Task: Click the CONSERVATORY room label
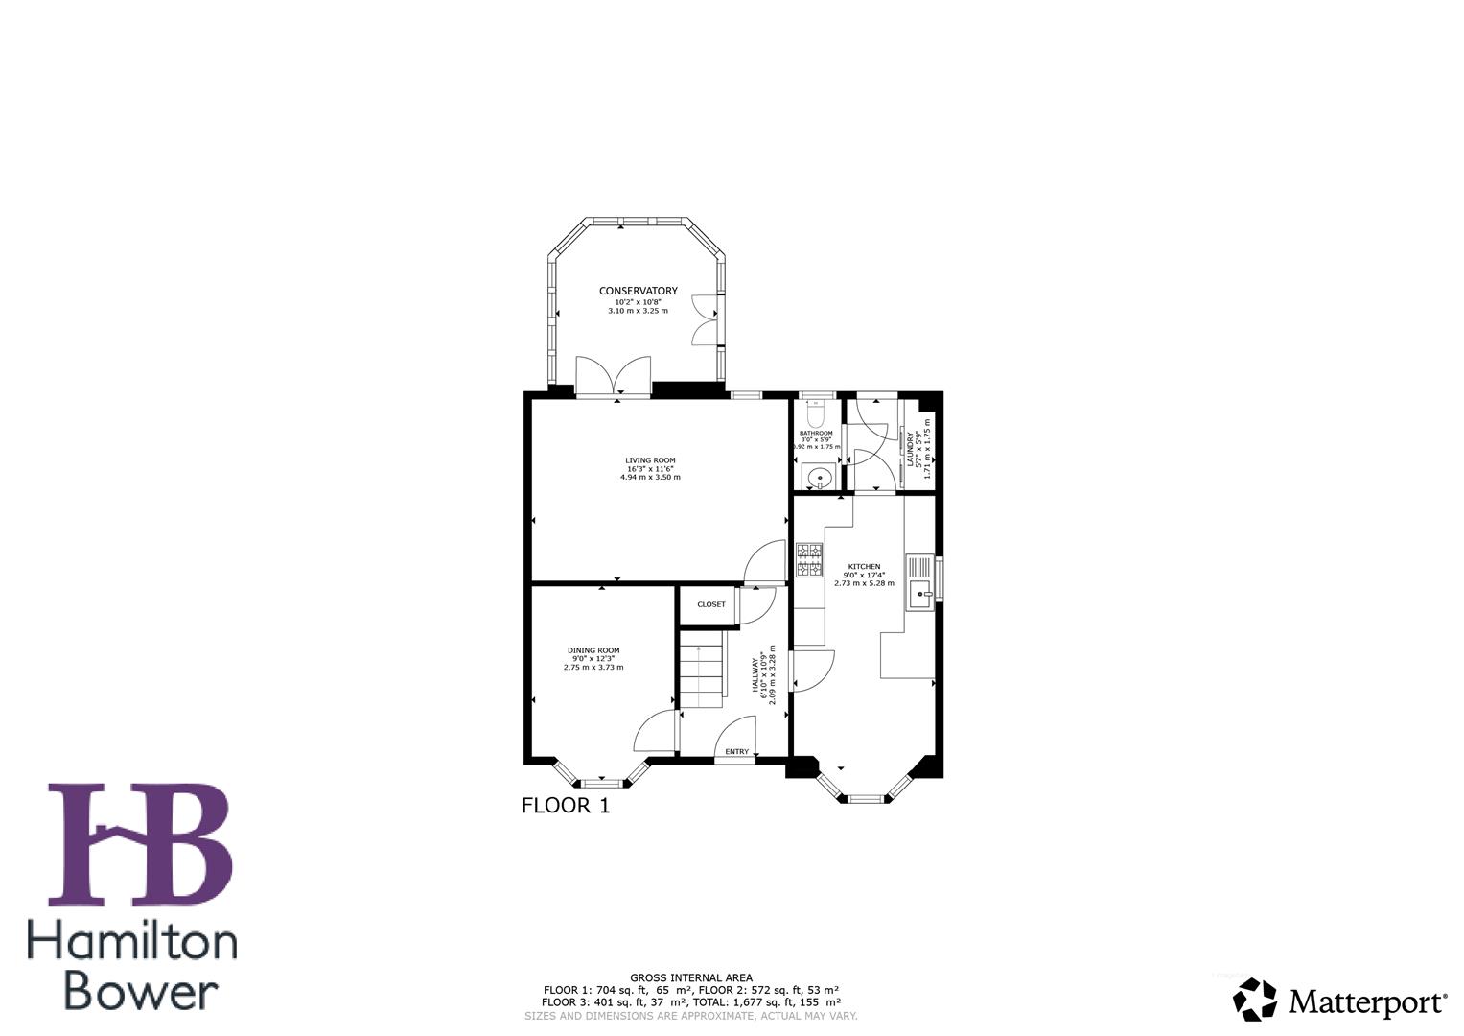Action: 638,291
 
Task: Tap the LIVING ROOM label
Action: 650,460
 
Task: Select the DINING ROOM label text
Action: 593,650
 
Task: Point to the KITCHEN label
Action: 864,567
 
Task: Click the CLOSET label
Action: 710,604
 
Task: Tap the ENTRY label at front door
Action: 736,751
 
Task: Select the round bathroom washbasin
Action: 818,476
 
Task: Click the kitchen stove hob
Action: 809,559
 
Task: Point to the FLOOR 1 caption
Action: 565,806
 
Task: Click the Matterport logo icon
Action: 1254,1001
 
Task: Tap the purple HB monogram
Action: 140,844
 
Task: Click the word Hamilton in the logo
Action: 132,943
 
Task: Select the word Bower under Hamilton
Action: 142,991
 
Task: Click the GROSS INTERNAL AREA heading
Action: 690,977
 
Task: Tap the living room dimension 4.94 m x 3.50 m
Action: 650,477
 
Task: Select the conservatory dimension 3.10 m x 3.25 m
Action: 638,311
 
